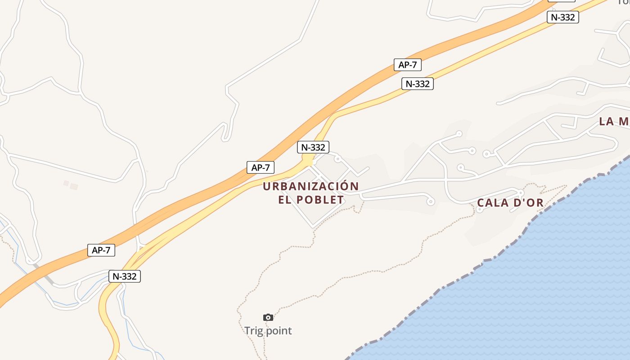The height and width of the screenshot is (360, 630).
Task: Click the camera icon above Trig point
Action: click(x=268, y=318)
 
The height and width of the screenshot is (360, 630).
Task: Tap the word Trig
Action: click(x=253, y=331)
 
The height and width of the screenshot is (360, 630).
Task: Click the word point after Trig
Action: click(x=278, y=331)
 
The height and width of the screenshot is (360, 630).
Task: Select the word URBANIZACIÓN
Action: click(x=311, y=186)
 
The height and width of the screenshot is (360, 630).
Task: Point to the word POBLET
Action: click(x=321, y=200)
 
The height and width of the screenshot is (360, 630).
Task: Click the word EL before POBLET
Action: click(x=285, y=200)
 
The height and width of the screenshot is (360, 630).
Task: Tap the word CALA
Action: click(x=492, y=203)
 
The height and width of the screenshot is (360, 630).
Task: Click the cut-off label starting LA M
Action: click(x=614, y=121)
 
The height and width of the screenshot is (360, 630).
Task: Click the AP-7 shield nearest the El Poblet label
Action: click(x=261, y=167)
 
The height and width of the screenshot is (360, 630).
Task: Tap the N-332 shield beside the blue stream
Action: click(x=125, y=276)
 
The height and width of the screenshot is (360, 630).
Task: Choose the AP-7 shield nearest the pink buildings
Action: click(x=101, y=250)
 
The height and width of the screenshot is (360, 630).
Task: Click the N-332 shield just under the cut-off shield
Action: click(x=562, y=17)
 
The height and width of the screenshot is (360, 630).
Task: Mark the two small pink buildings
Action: click(x=70, y=184)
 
